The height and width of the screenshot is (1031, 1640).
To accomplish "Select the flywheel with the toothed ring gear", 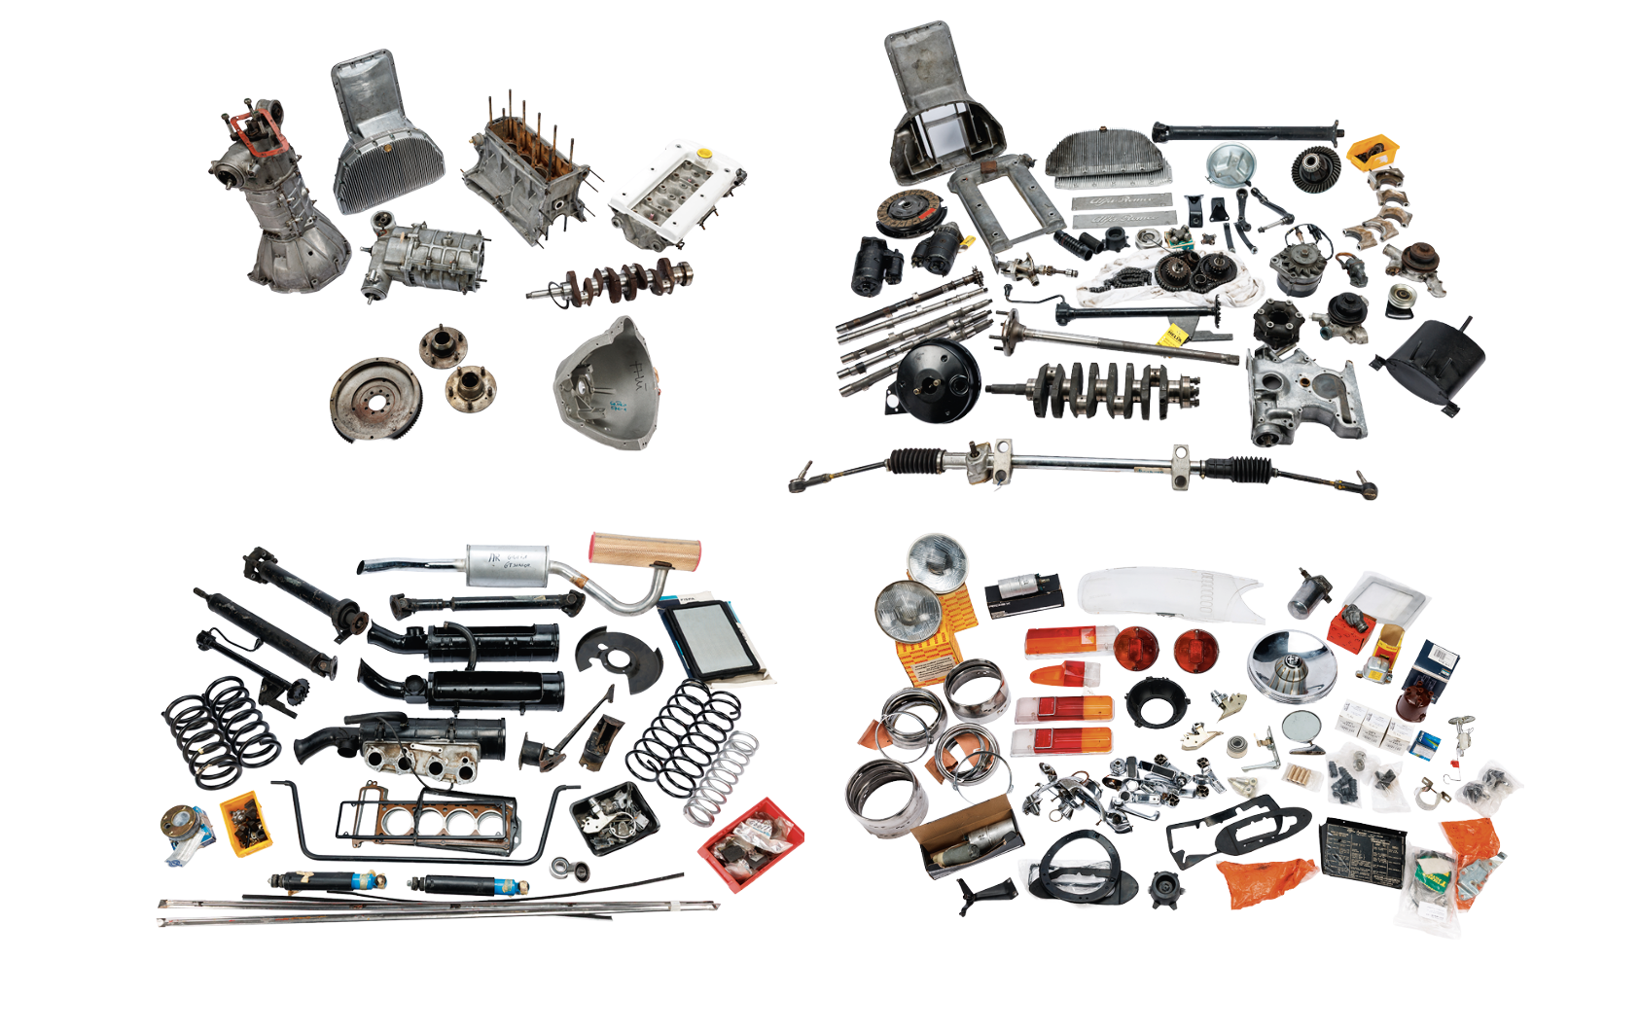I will pos(374,400).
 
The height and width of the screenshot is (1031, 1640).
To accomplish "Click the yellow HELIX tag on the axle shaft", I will pos(1174,336).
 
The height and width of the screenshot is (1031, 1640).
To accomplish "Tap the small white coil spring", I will pos(724,779).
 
